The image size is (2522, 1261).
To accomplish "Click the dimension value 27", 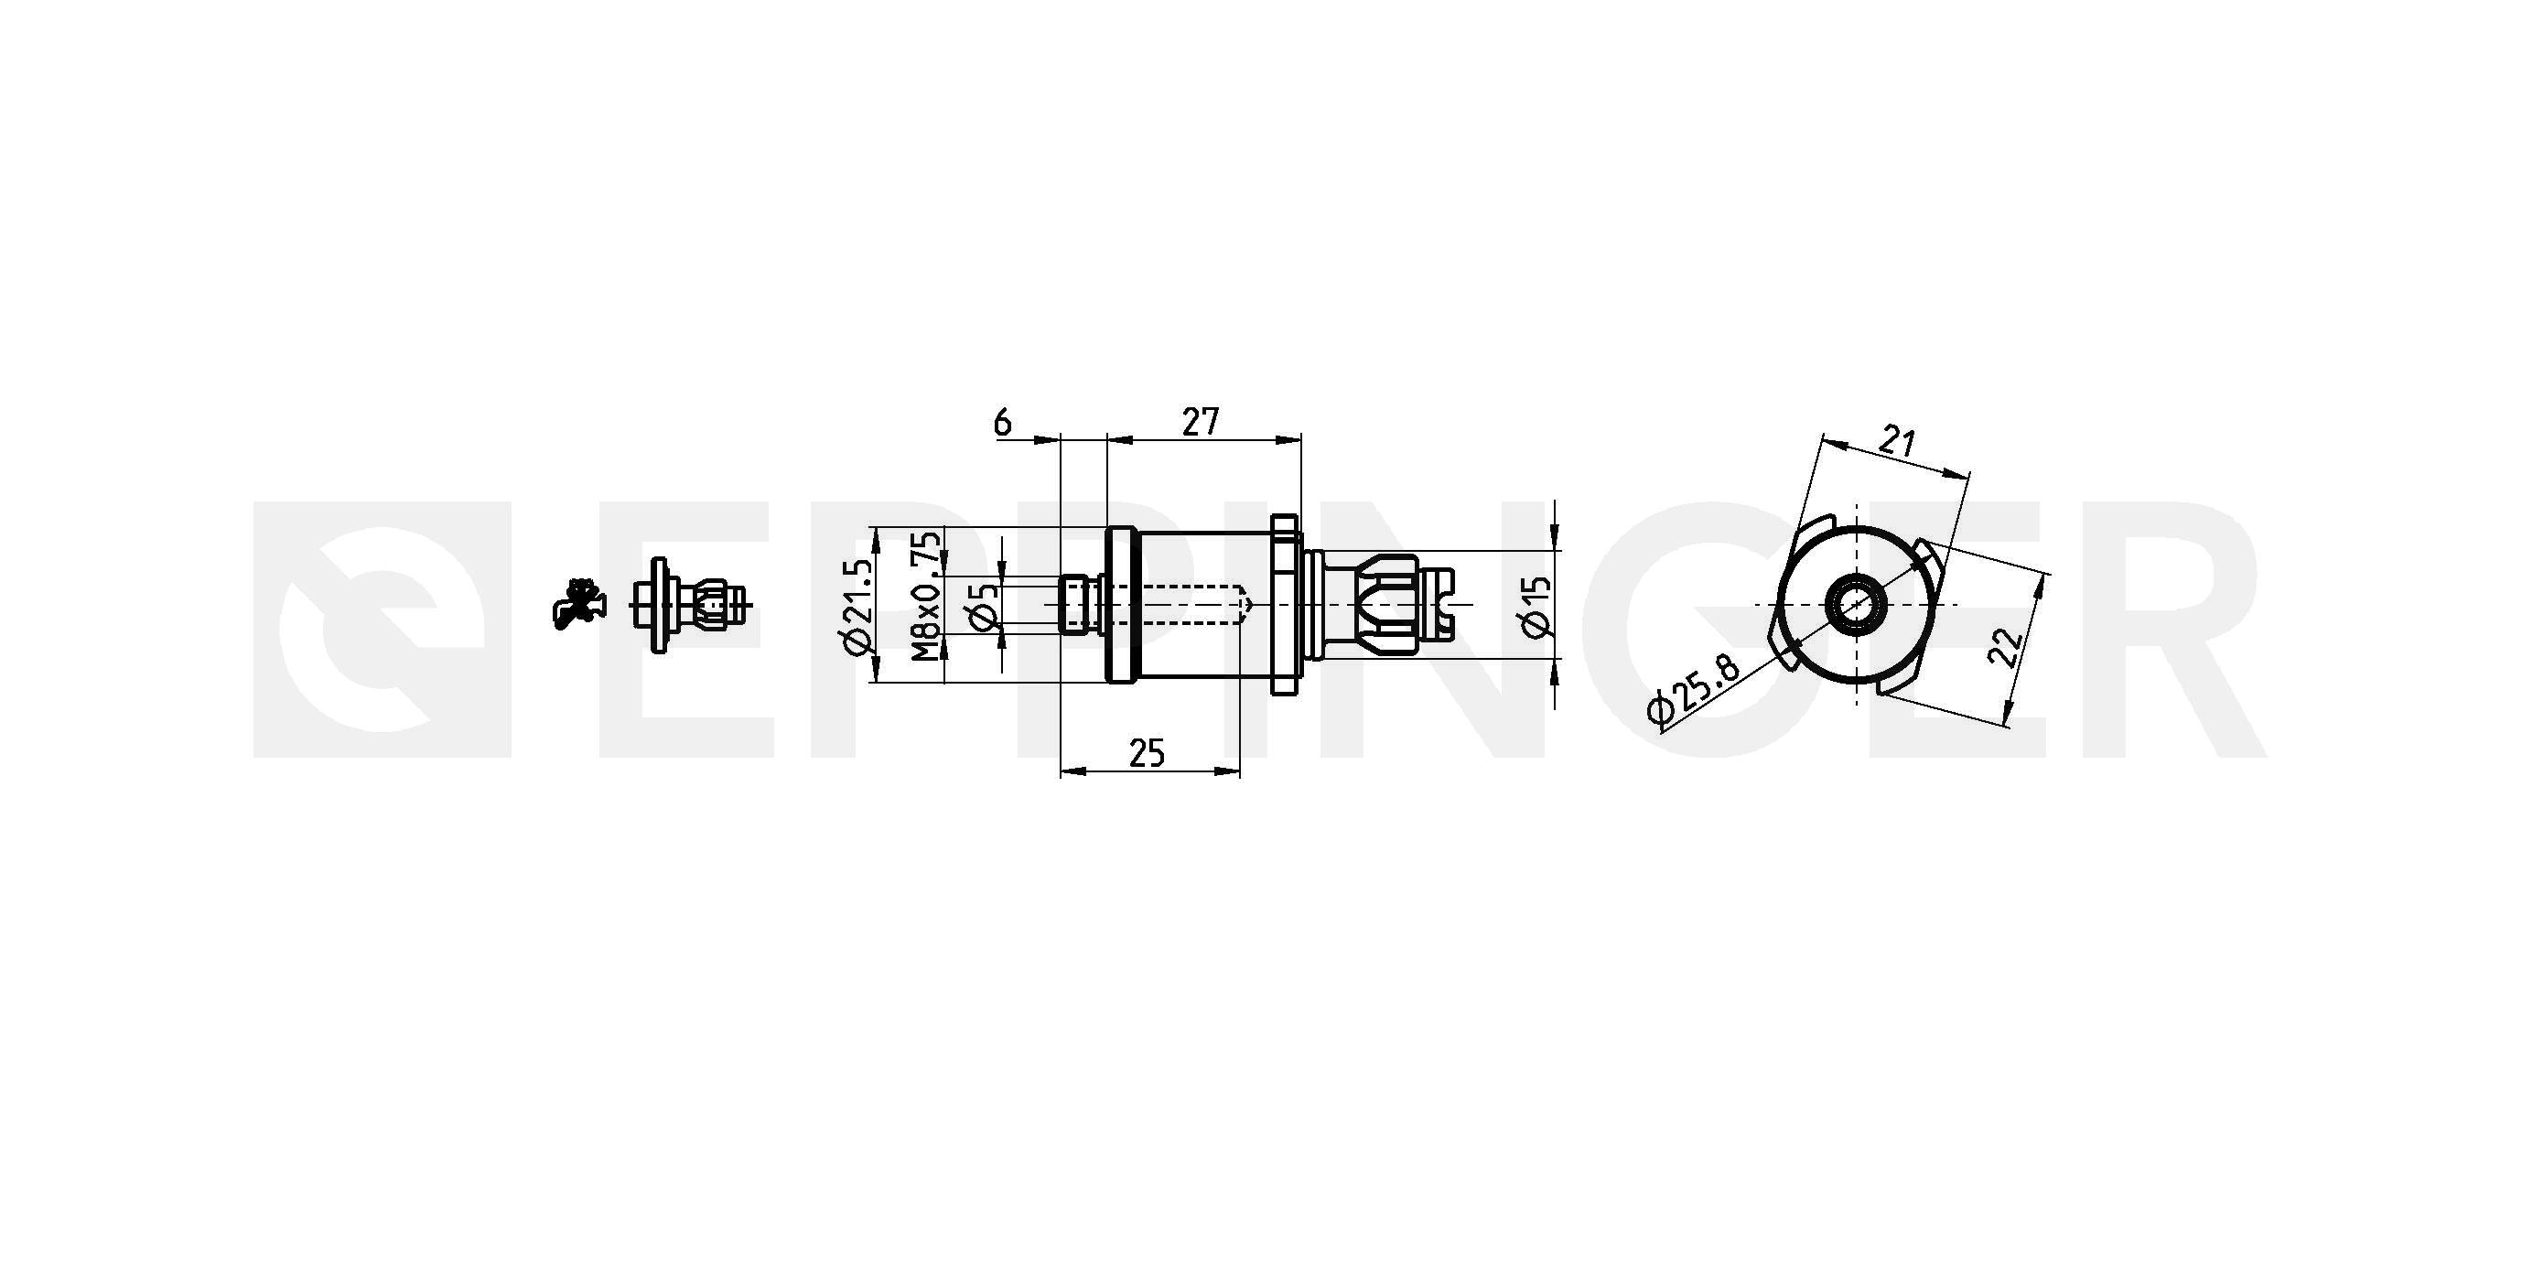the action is click(x=1201, y=422).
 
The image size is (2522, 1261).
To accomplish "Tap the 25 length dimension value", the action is click(x=1147, y=754).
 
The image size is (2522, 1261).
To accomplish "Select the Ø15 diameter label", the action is click(x=1537, y=606).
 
